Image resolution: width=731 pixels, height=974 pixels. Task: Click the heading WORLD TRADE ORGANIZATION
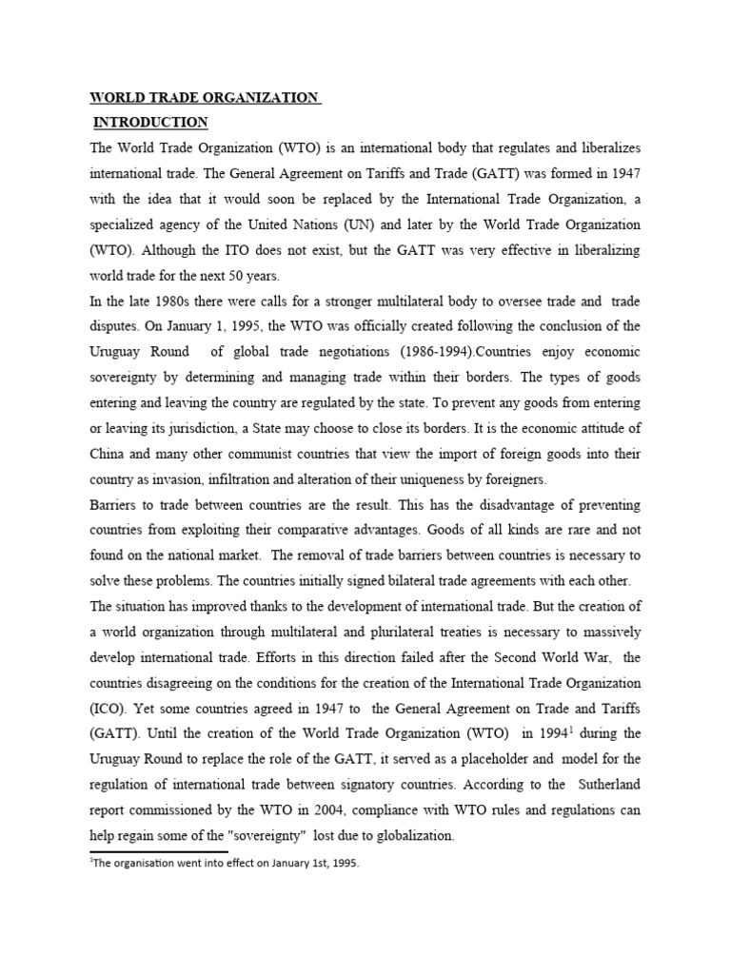click(204, 97)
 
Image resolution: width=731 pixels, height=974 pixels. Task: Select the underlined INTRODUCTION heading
click(150, 122)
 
